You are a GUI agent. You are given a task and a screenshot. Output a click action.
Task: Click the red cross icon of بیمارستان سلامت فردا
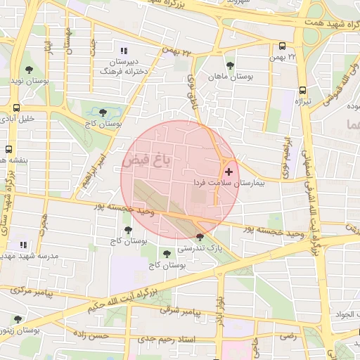tap(229, 172)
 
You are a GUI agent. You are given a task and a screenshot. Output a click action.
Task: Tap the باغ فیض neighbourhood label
tap(152, 160)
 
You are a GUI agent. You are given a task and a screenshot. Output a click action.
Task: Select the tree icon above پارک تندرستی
tap(200, 237)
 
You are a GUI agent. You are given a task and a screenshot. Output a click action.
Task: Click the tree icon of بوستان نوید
tap(29, 70)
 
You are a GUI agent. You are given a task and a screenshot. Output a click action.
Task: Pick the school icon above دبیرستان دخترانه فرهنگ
tap(124, 51)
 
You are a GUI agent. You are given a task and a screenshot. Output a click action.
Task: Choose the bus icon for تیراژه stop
tap(302, 90)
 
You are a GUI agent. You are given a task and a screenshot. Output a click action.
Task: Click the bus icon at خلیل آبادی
tap(15, 108)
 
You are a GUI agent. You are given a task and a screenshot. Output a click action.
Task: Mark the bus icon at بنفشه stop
tap(8, 149)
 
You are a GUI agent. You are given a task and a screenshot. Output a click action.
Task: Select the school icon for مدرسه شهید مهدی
tap(22, 245)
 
